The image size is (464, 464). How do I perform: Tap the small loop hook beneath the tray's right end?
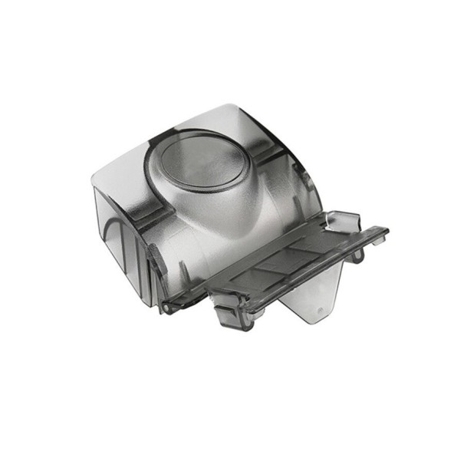tap(356, 257)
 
